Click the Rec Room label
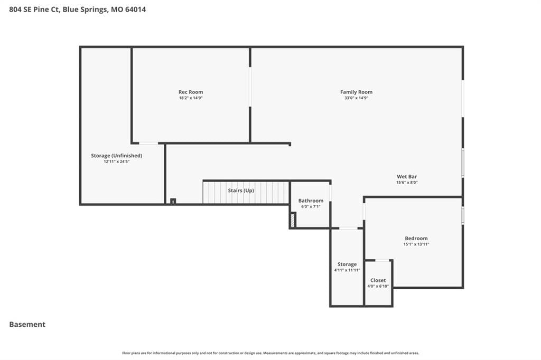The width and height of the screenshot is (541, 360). [x=191, y=92]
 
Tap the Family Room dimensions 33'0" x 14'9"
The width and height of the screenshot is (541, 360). [x=357, y=98]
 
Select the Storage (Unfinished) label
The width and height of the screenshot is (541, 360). [x=117, y=156]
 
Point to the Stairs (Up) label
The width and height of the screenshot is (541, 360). [x=241, y=191]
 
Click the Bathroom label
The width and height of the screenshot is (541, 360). [x=311, y=201]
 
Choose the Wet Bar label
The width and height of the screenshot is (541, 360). [x=407, y=176]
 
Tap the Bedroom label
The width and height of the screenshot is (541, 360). [x=416, y=238]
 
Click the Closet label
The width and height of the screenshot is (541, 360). [x=378, y=280]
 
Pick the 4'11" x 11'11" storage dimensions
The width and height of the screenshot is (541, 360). [x=347, y=270]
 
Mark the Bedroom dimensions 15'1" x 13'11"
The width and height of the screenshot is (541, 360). [x=416, y=244]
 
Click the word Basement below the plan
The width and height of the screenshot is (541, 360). [x=27, y=325]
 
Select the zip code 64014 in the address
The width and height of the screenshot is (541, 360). [x=135, y=10]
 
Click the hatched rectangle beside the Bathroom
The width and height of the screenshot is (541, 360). [x=293, y=220]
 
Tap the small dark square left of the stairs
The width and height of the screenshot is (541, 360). [x=173, y=201]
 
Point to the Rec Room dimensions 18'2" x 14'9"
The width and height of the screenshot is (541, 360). [x=191, y=98]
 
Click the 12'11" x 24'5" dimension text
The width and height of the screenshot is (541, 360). [x=117, y=162]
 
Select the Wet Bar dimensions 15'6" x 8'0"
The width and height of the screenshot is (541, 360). [x=407, y=183]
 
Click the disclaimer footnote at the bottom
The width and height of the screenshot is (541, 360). [x=270, y=353]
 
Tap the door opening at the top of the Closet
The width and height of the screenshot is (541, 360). [x=382, y=260]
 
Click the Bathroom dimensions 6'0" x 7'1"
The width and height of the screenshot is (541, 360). [x=311, y=206]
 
